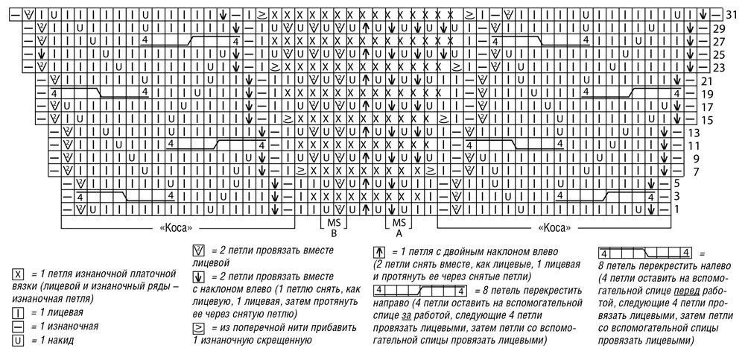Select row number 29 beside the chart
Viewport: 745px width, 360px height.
(718, 28)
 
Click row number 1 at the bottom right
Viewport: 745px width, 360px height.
(676, 210)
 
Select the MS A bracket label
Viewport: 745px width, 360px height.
(399, 228)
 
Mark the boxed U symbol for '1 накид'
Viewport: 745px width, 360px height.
(17, 340)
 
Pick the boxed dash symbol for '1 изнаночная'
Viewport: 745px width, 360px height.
(17, 326)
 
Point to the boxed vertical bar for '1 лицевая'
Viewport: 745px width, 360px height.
(17, 314)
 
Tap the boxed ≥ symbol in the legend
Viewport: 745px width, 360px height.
(198, 327)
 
